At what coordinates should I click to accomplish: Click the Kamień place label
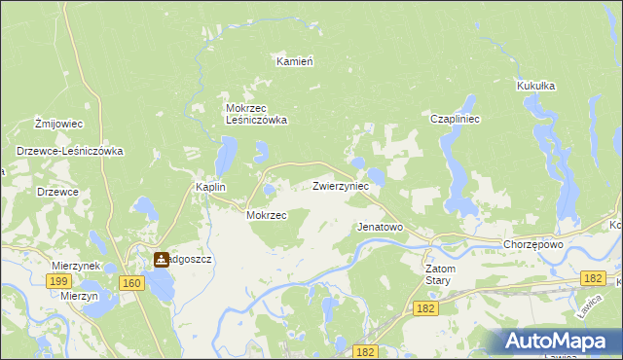tap(294, 61)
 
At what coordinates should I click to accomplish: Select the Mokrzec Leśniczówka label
tap(256, 114)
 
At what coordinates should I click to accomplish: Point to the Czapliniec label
tap(452, 119)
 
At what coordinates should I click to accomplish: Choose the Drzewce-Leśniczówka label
tap(68, 152)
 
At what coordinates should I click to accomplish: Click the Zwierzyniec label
tap(340, 185)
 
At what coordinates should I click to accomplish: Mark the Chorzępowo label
tap(533, 244)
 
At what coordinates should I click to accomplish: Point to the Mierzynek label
tap(77, 265)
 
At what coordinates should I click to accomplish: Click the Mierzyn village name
tap(79, 295)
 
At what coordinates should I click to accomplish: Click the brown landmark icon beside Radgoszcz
tap(162, 260)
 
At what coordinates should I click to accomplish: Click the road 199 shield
tap(58, 280)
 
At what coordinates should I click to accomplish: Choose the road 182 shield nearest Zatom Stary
tap(423, 307)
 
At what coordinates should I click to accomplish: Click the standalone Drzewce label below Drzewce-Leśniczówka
tap(57, 192)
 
